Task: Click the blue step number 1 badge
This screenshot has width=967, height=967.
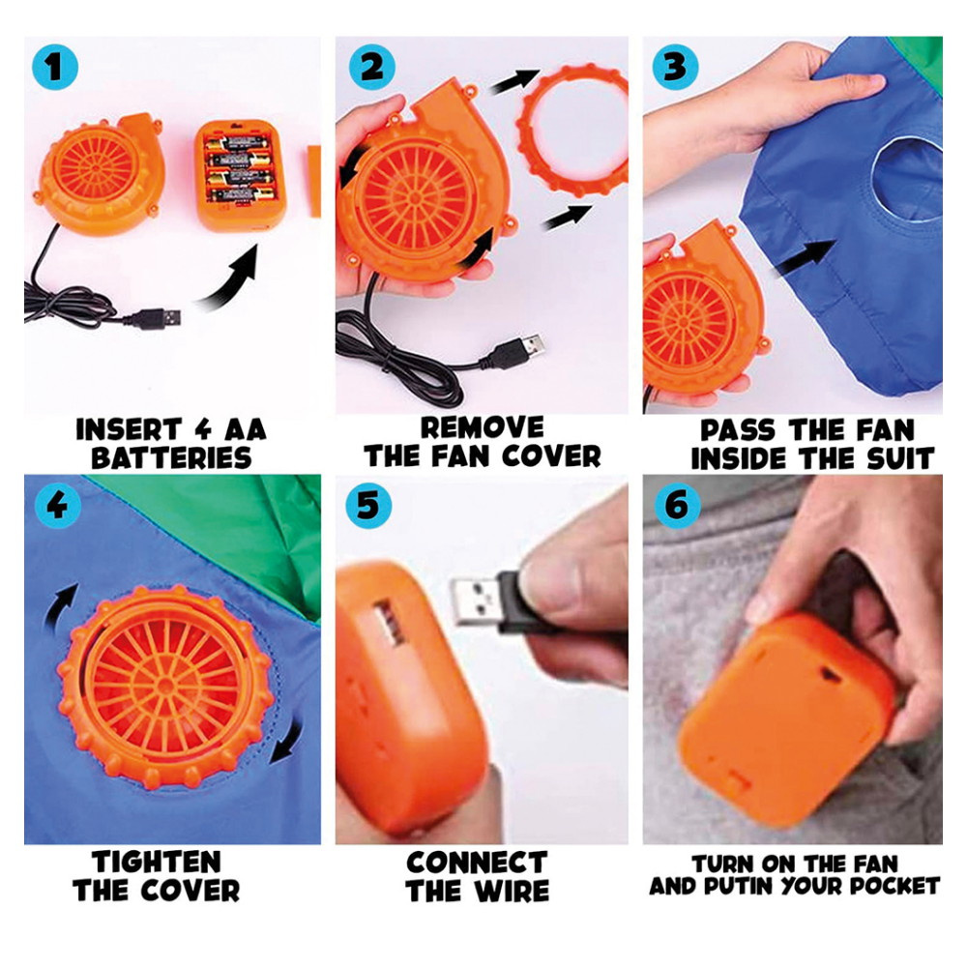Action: (x=55, y=67)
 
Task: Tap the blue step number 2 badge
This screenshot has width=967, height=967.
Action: (x=372, y=67)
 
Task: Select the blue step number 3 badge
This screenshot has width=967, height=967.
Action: (x=676, y=67)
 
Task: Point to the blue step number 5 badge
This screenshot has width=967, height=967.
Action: (x=368, y=506)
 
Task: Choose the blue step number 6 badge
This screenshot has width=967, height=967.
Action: (x=677, y=506)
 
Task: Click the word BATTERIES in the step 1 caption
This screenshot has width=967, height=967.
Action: (x=171, y=458)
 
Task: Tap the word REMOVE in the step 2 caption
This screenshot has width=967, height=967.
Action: (x=482, y=427)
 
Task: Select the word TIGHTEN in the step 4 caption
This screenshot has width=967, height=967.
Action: (x=156, y=863)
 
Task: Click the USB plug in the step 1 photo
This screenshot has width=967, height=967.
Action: (x=160, y=318)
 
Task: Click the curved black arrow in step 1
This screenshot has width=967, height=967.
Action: (x=232, y=280)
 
